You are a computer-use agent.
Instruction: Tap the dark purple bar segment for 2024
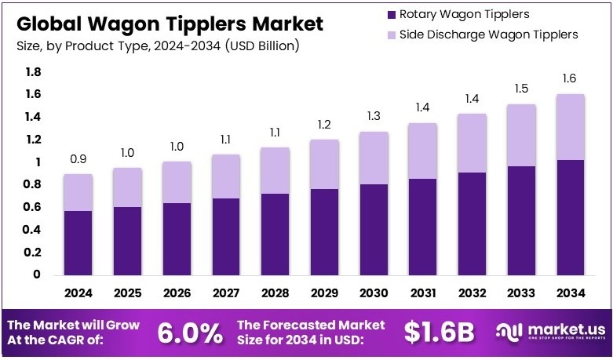pyautogui.click(x=78, y=242)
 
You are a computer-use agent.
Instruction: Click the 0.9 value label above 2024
pyautogui.click(x=78, y=158)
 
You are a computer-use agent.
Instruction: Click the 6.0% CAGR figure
pyautogui.click(x=190, y=333)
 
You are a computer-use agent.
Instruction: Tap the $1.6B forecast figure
pyautogui.click(x=440, y=333)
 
